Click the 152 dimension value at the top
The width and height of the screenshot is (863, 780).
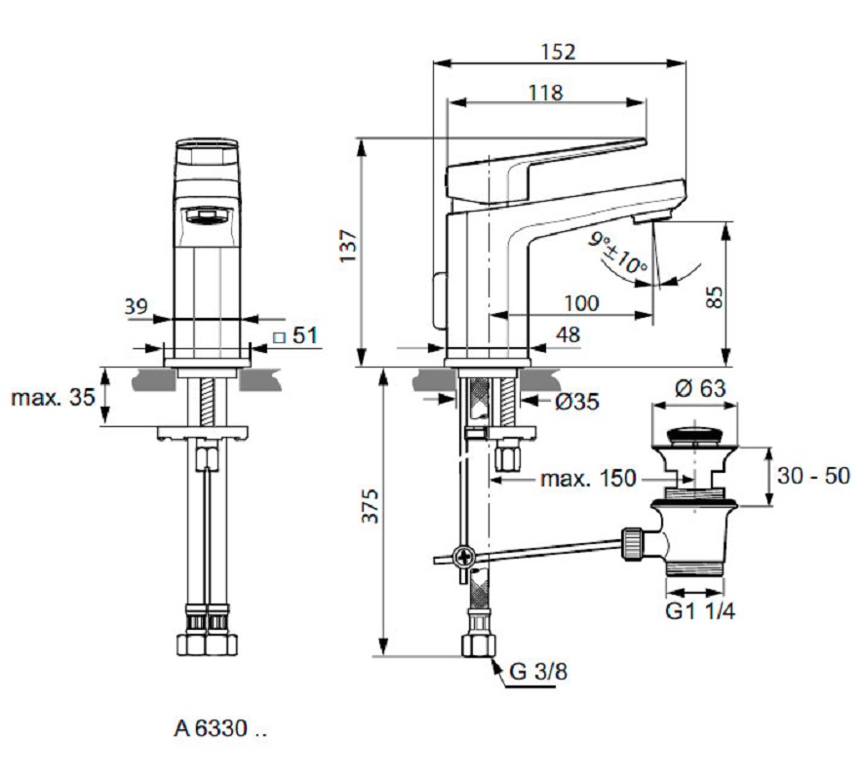pos(557,52)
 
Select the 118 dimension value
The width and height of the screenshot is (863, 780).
pos(545,93)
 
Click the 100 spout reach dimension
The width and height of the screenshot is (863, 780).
pos(581,303)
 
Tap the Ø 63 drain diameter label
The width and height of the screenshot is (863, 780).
pos(699,387)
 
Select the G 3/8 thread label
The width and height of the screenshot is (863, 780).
pos(537,671)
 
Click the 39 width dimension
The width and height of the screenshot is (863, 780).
pos(137,306)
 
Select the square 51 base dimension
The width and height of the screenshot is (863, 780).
pos(295,335)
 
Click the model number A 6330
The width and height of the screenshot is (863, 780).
pos(219,727)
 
